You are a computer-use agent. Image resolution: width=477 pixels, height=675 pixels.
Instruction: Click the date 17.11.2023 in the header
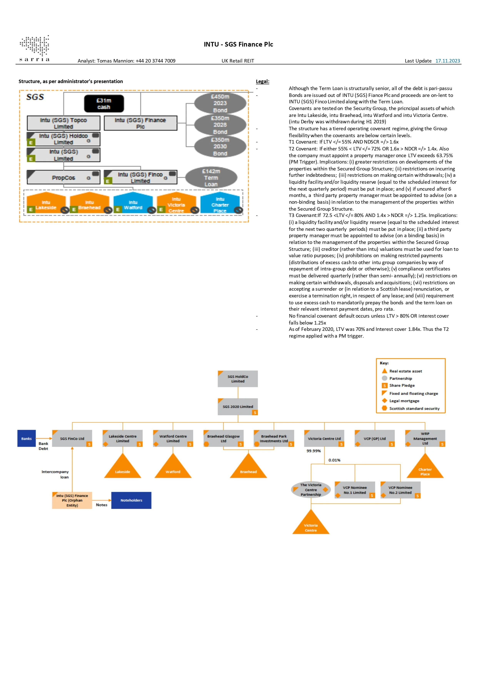click(x=447, y=61)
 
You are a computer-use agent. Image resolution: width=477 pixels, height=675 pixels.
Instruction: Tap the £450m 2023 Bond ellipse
click(x=220, y=103)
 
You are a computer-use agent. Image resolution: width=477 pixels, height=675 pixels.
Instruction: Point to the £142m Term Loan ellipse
click(x=211, y=178)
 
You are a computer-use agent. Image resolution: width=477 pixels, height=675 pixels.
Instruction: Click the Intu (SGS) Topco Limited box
click(x=63, y=123)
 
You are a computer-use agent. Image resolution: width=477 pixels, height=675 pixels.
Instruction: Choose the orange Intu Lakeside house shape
click(x=46, y=203)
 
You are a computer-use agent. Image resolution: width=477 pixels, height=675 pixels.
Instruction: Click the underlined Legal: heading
click(x=263, y=81)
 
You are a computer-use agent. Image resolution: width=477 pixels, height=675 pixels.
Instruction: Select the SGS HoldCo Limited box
click(x=238, y=379)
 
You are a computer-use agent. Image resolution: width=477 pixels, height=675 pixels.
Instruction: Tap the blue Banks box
click(x=27, y=438)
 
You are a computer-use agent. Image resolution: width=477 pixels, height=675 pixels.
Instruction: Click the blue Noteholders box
click(x=131, y=500)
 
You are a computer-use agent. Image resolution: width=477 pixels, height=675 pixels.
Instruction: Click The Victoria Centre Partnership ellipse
click(x=311, y=490)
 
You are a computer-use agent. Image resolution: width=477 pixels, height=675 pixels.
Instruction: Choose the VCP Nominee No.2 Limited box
click(x=400, y=490)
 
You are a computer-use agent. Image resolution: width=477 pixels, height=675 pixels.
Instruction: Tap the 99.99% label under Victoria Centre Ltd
click(x=314, y=451)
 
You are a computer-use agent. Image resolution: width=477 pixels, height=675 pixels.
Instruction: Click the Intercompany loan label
click(x=55, y=474)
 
